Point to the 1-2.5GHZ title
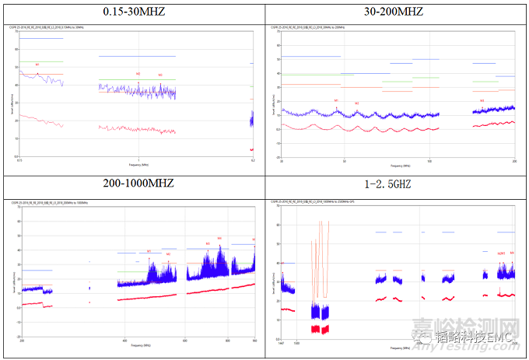click(x=395, y=184)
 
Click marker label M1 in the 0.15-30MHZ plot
click(x=37, y=63)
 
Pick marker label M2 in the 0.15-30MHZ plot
click(x=138, y=74)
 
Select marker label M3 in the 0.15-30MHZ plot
click(x=160, y=75)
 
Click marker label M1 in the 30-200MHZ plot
click(x=336, y=101)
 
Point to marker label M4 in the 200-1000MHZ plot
click(x=219, y=239)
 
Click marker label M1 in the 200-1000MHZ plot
click(x=149, y=251)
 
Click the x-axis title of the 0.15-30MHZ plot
click(x=138, y=166)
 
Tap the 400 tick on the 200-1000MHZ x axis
click(x=125, y=341)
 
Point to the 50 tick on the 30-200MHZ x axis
click(x=344, y=161)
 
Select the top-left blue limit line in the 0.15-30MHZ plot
click(x=41, y=38)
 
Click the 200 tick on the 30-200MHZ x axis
click(x=514, y=161)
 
